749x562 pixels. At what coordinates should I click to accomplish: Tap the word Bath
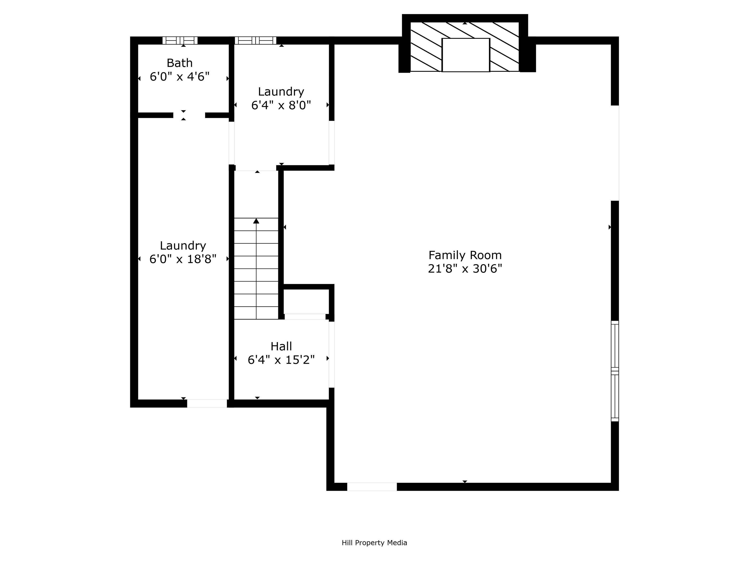(179, 63)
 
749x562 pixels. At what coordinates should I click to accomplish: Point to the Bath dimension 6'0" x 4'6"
(179, 77)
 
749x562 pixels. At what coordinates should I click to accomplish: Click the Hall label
(281, 346)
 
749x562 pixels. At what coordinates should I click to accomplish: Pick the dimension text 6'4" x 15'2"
(281, 360)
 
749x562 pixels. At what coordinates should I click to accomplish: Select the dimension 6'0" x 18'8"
(183, 259)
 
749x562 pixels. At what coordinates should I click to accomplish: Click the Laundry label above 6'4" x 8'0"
(281, 91)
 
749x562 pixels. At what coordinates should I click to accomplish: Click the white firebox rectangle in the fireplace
(466, 55)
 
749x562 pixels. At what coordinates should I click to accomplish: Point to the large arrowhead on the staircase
(256, 221)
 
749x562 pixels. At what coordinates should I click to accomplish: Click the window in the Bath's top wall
(180, 40)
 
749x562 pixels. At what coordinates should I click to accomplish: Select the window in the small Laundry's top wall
(256, 40)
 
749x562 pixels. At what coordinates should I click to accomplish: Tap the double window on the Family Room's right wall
(615, 371)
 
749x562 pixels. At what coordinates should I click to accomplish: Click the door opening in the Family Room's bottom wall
(372, 486)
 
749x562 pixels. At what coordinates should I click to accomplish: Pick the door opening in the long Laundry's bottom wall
(207, 403)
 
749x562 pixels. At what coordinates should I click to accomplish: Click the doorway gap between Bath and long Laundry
(189, 115)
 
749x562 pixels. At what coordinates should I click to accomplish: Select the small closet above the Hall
(306, 301)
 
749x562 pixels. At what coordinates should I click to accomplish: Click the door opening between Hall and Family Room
(332, 354)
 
